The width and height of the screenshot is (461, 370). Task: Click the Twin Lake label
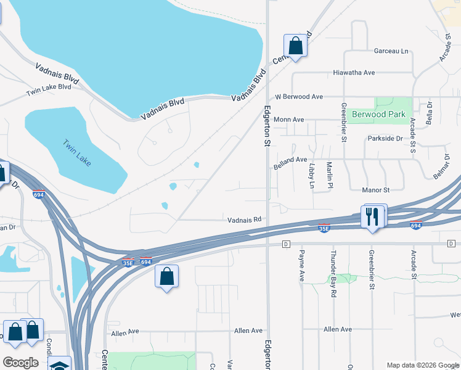point(77,152)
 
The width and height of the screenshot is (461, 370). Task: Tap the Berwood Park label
point(379,114)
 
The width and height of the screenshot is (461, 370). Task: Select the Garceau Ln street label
point(391,51)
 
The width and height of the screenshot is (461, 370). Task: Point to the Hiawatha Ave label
point(354,73)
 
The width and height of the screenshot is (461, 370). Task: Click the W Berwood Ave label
point(299,97)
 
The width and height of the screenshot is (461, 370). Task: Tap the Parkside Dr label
point(385,139)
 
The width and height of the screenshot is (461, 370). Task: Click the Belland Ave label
point(290,160)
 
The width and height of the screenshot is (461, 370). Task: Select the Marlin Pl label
point(330,175)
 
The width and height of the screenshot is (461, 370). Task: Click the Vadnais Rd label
point(245,219)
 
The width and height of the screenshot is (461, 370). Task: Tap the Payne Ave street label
point(302,263)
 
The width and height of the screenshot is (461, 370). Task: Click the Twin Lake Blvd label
point(49,90)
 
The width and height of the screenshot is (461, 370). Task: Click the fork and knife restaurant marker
point(372,217)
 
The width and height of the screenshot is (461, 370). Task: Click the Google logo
point(20,363)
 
